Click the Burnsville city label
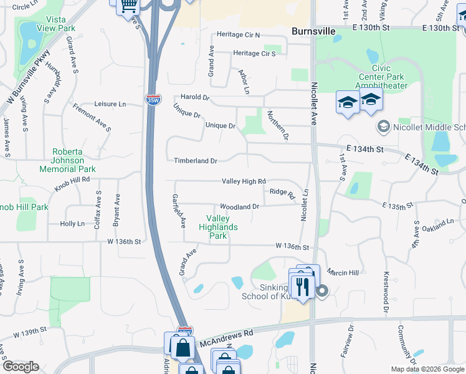click(314, 31)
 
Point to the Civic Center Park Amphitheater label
click(381, 77)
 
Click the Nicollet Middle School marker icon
click(384, 127)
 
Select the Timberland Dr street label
click(195, 161)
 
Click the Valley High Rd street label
click(244, 181)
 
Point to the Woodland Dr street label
click(239, 207)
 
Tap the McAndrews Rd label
click(226, 339)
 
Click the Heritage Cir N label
click(238, 35)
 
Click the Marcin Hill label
click(345, 273)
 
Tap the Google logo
click(21, 367)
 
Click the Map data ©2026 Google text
click(427, 369)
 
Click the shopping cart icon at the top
click(129, 6)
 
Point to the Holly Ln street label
click(72, 224)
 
